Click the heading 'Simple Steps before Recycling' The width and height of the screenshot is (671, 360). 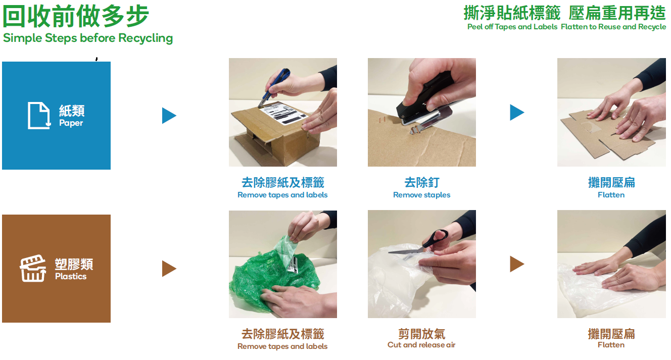coord(88,38)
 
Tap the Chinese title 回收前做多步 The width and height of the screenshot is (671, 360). coord(76,16)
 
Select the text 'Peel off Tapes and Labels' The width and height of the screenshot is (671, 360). coord(512,27)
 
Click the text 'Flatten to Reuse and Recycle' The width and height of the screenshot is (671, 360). coord(613,27)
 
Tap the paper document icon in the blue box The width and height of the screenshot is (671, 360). coord(39,116)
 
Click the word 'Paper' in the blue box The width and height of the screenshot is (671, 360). coord(71,123)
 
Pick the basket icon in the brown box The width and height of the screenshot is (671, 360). coord(33,269)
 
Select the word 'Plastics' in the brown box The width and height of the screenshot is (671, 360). coord(71,277)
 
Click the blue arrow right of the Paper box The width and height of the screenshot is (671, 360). coord(169,116)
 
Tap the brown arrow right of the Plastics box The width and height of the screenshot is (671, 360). coord(169,268)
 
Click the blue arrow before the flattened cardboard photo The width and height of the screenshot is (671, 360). coord(516,113)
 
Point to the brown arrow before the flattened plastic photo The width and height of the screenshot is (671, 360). coord(516,264)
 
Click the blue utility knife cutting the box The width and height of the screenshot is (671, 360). coord(273,88)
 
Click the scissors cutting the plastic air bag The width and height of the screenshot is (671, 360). coord(422,244)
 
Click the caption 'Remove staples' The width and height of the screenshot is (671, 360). coord(421,195)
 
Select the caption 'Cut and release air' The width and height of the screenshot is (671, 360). coord(421,345)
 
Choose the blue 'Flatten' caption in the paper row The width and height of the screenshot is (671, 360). coord(611,195)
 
